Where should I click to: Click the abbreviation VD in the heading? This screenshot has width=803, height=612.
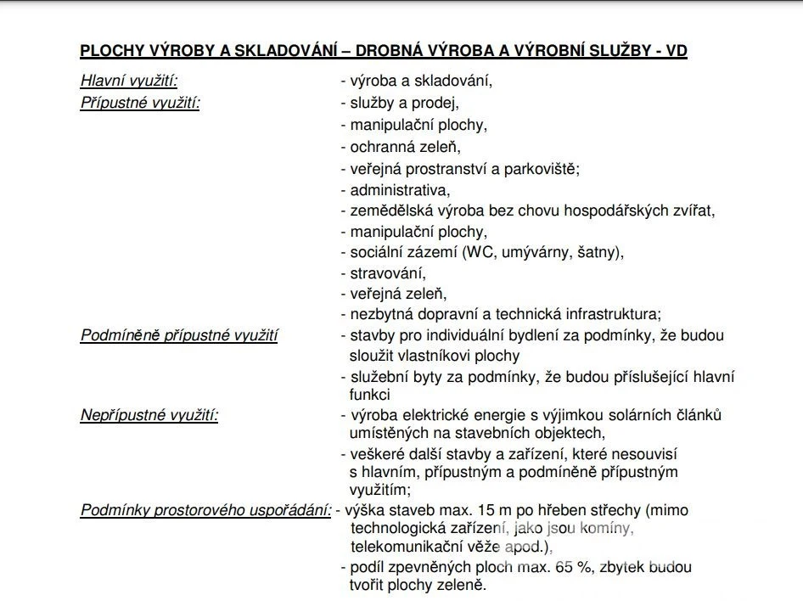[677, 51]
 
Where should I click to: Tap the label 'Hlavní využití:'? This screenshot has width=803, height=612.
[129, 81]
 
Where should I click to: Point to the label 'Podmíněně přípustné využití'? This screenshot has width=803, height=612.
[179, 335]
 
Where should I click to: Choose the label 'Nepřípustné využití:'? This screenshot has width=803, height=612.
[149, 415]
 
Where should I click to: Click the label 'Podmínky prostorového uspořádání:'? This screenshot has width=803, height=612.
[205, 510]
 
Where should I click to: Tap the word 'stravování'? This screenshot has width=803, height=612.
[387, 273]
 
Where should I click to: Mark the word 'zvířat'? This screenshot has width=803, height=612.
[693, 211]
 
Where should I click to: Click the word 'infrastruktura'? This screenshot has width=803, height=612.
[612, 314]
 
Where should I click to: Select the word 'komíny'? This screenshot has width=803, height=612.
[608, 529]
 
